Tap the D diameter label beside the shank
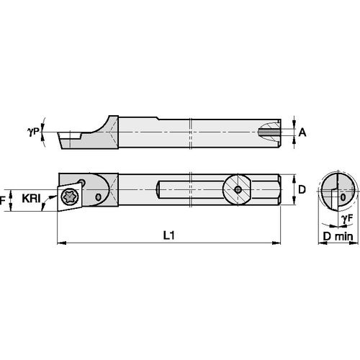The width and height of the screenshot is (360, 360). (x=302, y=189)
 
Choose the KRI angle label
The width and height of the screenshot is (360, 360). (x=31, y=196)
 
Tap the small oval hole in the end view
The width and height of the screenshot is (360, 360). (x=343, y=194)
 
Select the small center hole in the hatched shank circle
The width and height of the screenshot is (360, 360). (x=238, y=189)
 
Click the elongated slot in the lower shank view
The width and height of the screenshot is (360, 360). (x=191, y=189)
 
